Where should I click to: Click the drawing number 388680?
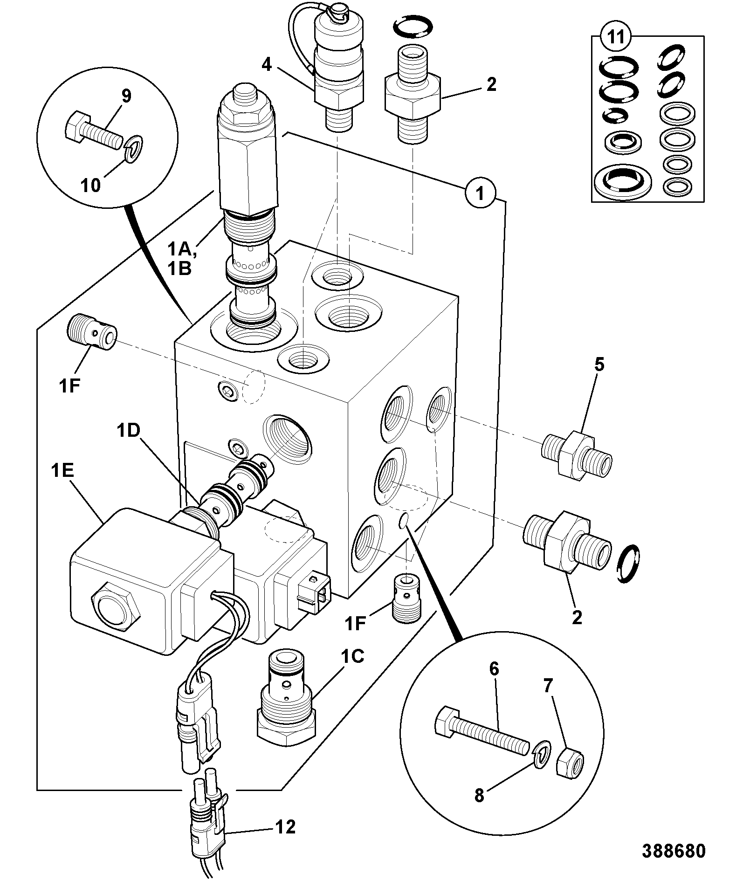click(674, 851)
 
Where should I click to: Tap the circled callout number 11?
click(616, 37)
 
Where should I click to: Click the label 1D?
click(128, 431)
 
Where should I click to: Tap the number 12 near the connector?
click(285, 827)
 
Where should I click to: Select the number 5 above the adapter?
click(599, 365)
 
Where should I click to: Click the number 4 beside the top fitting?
click(266, 64)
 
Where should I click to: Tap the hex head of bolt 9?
click(75, 125)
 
